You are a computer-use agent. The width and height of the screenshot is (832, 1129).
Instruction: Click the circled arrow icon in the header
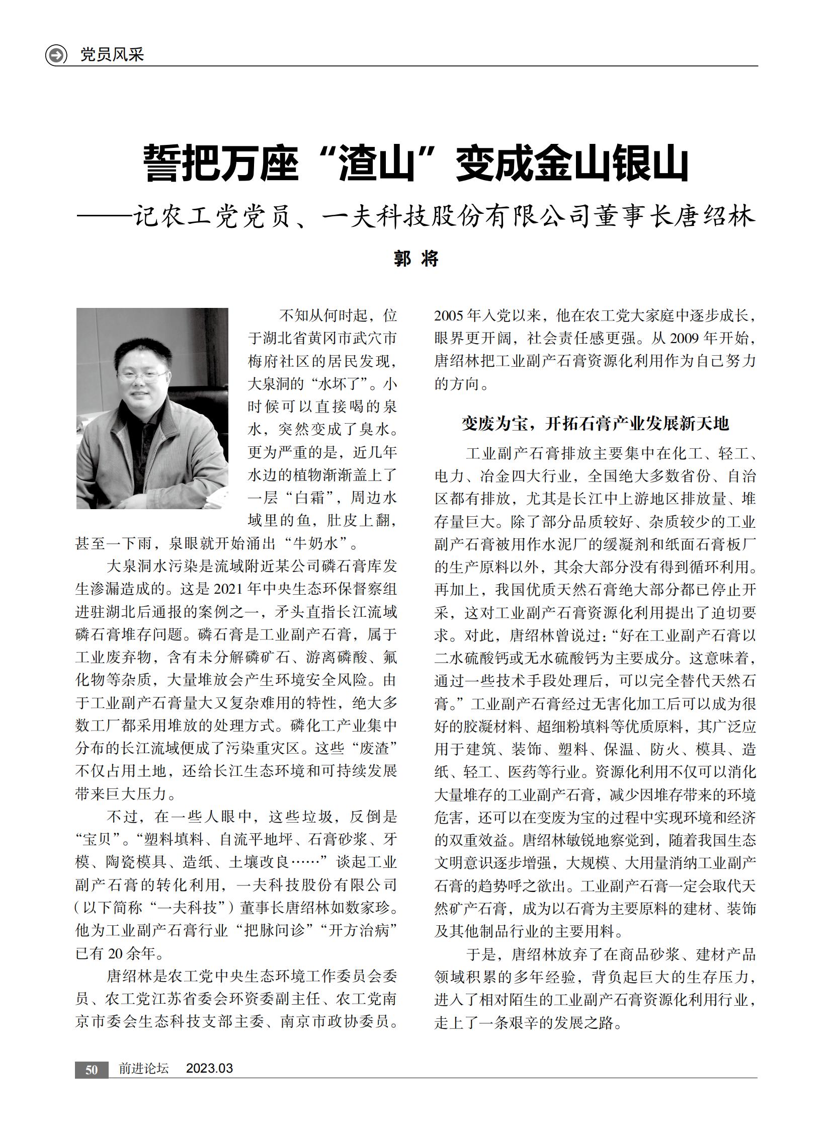coord(56,54)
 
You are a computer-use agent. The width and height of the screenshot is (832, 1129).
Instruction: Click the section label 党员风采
coord(112,54)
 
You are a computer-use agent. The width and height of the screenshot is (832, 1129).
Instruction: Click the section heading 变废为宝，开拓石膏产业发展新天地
coord(595,424)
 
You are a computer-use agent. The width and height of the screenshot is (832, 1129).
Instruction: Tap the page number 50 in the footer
coord(91,1070)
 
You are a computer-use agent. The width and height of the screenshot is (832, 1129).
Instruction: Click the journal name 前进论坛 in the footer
coord(143,1069)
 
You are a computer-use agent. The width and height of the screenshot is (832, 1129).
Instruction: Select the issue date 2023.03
coord(210,1069)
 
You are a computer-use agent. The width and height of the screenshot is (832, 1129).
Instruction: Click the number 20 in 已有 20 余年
coord(115,954)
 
